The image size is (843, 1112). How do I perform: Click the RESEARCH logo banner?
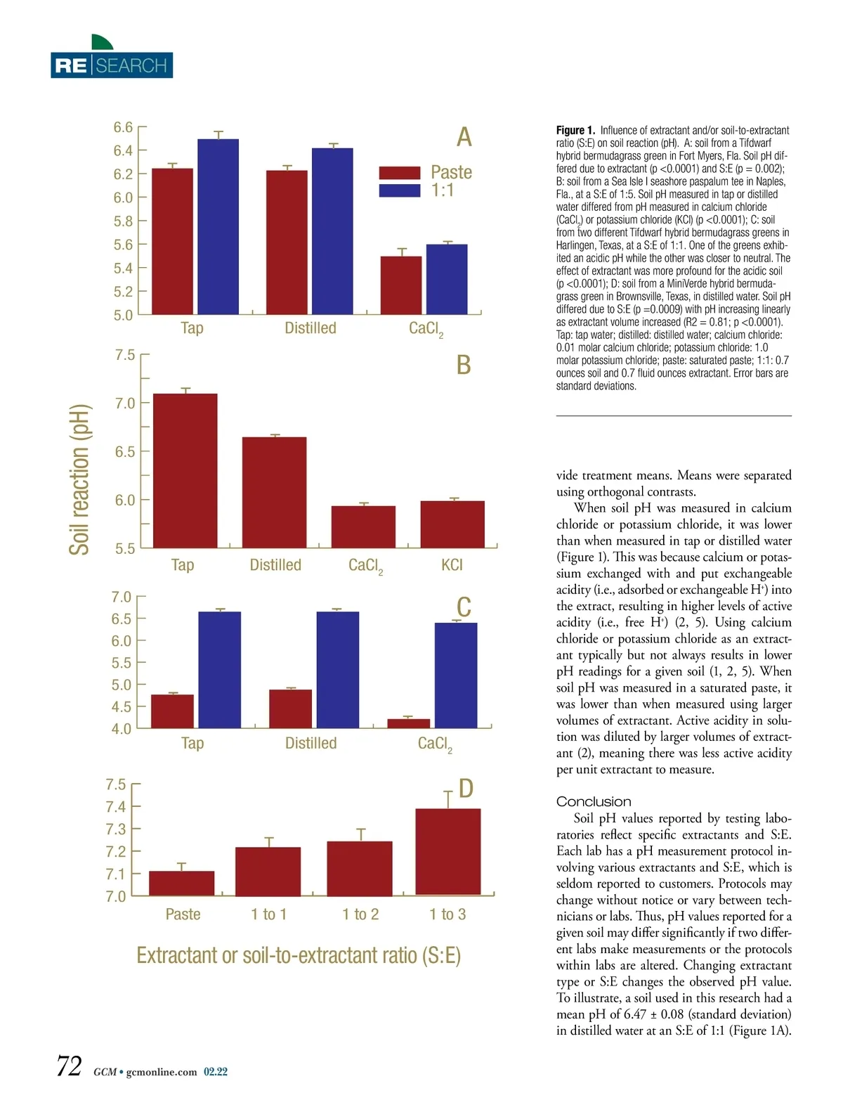pyautogui.click(x=112, y=65)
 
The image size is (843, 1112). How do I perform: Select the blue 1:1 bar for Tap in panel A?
pyautogui.click(x=218, y=226)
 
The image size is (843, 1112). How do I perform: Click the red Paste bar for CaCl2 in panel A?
pyautogui.click(x=401, y=285)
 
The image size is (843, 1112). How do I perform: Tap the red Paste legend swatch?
pyautogui.click(x=399, y=173)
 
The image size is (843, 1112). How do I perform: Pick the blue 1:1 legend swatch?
pyautogui.click(x=399, y=190)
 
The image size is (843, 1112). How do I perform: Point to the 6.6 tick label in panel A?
pyautogui.click(x=123, y=127)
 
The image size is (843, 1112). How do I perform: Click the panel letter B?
pyautogui.click(x=464, y=365)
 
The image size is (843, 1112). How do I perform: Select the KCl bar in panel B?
pyautogui.click(x=452, y=524)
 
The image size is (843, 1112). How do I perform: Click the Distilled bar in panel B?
pyautogui.click(x=275, y=492)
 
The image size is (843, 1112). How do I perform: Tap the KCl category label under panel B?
pyautogui.click(x=452, y=565)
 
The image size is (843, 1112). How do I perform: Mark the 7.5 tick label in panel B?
pyautogui.click(x=125, y=355)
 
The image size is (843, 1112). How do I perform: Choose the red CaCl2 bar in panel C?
pyautogui.click(x=408, y=723)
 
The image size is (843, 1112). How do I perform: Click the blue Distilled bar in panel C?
pyautogui.click(x=338, y=669)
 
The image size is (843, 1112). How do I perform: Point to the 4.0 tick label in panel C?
pyautogui.click(x=121, y=729)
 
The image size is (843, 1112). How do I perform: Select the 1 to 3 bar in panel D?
pyautogui.click(x=448, y=851)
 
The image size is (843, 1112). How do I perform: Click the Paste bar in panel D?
pyautogui.click(x=182, y=883)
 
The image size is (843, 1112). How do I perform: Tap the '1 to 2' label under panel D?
pyautogui.click(x=360, y=914)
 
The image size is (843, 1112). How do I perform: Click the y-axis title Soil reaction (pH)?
pyautogui.click(x=80, y=479)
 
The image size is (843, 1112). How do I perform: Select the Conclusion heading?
pyautogui.click(x=594, y=802)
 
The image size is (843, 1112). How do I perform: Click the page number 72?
pyautogui.click(x=70, y=1066)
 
